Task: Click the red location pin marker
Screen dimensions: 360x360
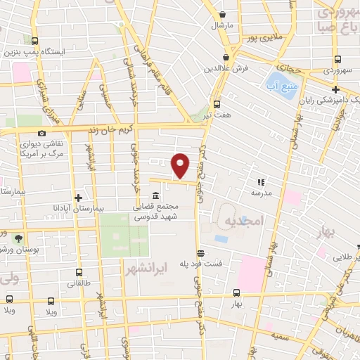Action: [x=181, y=165]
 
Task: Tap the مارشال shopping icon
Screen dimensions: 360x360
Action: [x=223, y=14]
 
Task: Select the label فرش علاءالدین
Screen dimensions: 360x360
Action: [x=223, y=69]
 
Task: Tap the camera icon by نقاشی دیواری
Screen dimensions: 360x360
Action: [x=42, y=133]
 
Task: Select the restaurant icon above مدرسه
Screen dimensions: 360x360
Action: [x=262, y=181]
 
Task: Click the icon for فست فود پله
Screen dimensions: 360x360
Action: [x=201, y=253]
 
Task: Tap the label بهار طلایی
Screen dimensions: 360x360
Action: [x=342, y=257]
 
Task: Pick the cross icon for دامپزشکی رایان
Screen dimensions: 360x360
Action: [x=336, y=89]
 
